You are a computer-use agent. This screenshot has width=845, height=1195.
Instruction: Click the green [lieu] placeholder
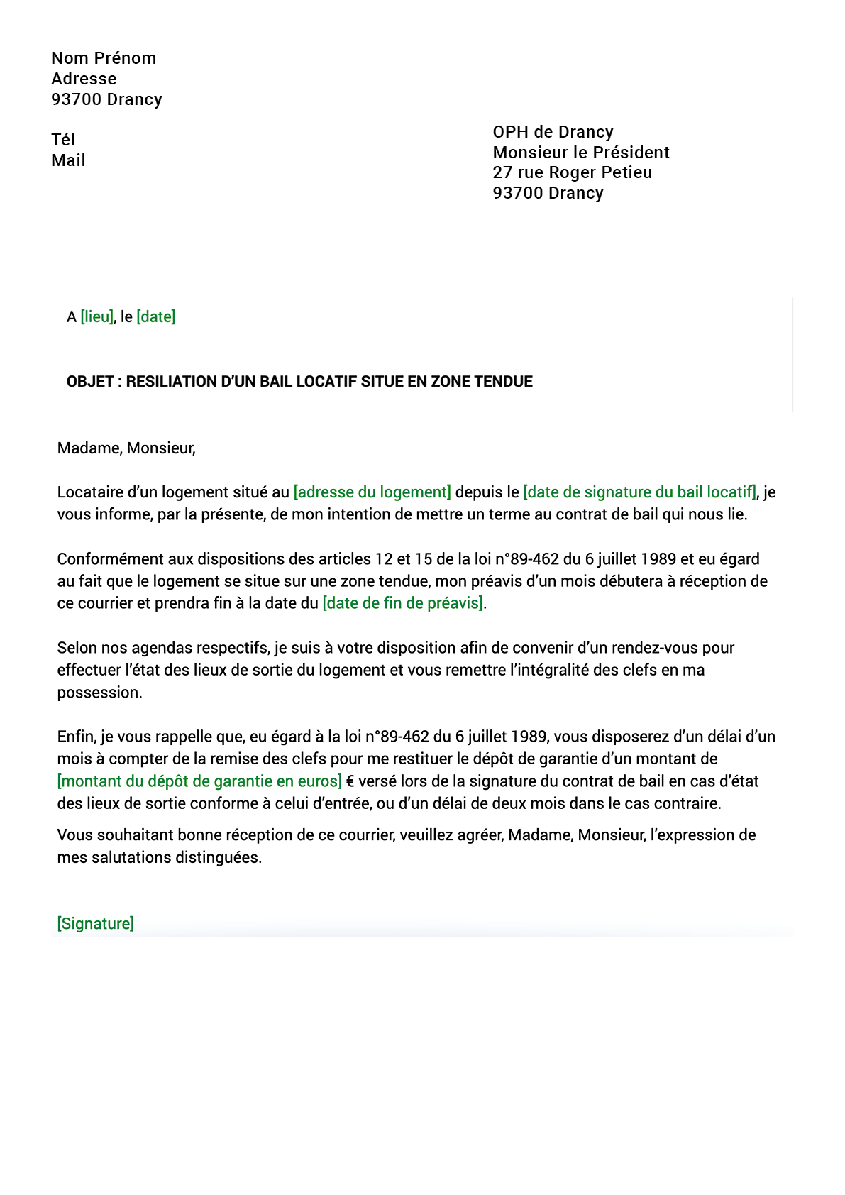(x=96, y=316)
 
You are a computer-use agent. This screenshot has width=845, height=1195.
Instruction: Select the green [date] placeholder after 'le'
(x=155, y=316)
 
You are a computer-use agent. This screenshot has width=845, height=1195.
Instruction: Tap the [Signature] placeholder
(x=95, y=923)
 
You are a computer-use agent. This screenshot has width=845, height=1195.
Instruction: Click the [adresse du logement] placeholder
(x=372, y=492)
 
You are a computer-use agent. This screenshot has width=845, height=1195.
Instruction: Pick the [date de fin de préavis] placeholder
(x=402, y=603)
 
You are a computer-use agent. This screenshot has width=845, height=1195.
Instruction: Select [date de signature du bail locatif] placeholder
(x=639, y=492)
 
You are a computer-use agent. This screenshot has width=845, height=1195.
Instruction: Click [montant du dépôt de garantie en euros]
(x=199, y=781)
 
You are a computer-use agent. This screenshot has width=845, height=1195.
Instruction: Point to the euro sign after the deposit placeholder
(x=350, y=781)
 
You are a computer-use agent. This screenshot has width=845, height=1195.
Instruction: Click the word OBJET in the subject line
(x=90, y=382)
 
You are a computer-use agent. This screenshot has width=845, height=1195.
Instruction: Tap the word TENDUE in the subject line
(x=503, y=382)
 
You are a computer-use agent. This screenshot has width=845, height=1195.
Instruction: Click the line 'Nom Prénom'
(x=104, y=58)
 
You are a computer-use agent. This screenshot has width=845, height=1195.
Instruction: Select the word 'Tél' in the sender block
(x=63, y=140)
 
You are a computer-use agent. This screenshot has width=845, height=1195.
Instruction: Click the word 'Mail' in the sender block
(x=68, y=160)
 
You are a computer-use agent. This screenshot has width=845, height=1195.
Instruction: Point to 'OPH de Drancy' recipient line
(x=553, y=132)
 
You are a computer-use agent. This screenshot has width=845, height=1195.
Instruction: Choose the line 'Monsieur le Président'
(x=581, y=153)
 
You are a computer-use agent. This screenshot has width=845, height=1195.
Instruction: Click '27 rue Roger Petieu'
(x=572, y=172)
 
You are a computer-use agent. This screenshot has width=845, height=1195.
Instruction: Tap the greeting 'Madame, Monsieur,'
(x=126, y=448)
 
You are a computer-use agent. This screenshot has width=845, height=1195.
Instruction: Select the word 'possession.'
(x=99, y=693)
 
